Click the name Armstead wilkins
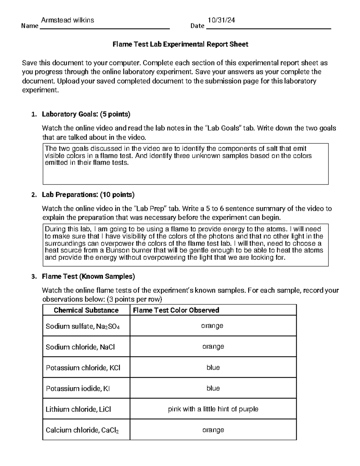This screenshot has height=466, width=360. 67,20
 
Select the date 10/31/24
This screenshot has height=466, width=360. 221,20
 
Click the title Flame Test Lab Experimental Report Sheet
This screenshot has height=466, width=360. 180,44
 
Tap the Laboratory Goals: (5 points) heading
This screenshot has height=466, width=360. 86,114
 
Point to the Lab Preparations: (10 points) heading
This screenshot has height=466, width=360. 88,195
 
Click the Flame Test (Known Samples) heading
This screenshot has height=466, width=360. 88,276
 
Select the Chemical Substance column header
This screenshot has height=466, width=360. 86,310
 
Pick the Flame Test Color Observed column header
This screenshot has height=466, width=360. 176,310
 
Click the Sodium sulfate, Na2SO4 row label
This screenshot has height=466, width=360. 82,326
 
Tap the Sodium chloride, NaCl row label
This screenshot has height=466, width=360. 80,347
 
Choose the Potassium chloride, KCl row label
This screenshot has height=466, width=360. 83,368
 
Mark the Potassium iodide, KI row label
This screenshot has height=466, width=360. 78,389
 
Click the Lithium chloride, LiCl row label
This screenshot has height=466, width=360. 78,409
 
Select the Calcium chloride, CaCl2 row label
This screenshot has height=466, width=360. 82,430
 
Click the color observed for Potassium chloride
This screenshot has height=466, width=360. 213,368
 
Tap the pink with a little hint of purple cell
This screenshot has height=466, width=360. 213,409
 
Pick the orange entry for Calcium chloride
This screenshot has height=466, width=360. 213,430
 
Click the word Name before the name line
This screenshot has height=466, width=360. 30,26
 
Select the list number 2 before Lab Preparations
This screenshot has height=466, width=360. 34,195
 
